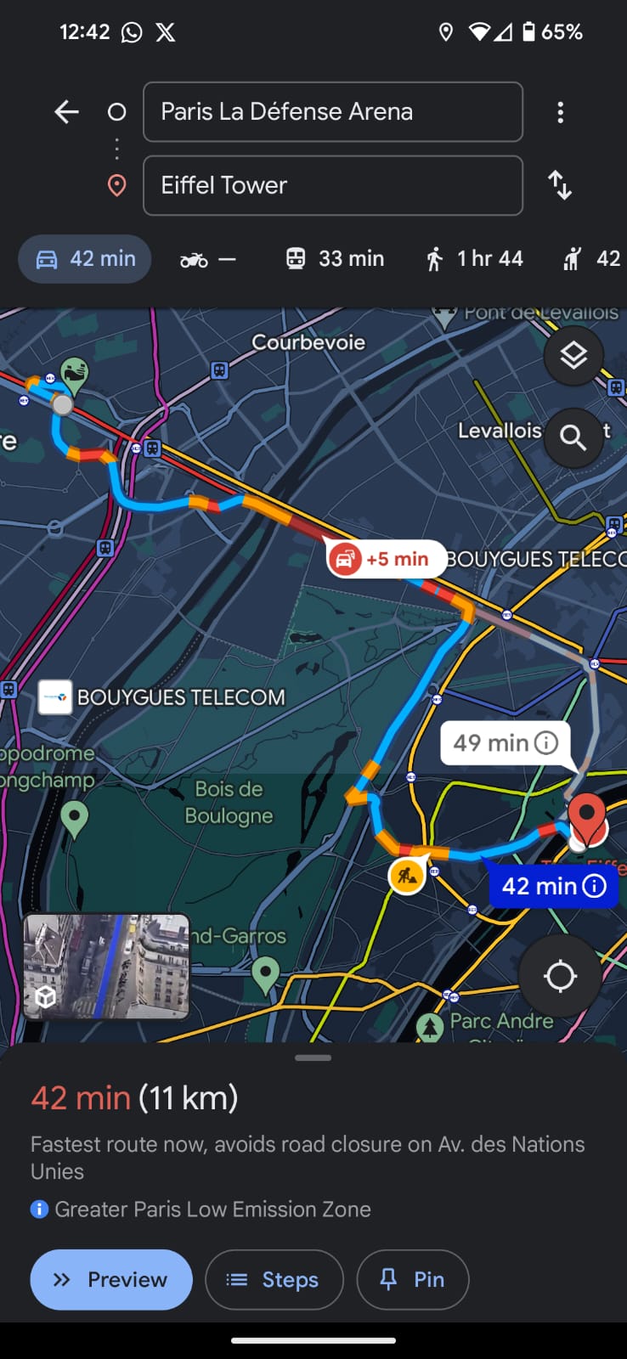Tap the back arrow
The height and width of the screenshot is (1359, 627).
coord(66,111)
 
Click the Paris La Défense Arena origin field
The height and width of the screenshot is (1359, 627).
coord(332,111)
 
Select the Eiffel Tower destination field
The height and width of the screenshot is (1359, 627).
coord(332,185)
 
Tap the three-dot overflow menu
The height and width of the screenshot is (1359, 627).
coord(560,112)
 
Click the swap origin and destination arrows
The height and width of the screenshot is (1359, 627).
coord(560,185)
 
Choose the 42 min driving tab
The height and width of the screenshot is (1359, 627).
coord(85,258)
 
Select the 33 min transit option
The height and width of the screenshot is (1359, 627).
coord(335,258)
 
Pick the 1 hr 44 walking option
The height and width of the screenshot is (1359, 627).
coord(475,258)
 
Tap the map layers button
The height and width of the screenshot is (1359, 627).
coord(573,355)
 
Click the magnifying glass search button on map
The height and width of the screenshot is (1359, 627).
coord(573,437)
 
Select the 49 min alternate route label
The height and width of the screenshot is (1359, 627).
coord(505,743)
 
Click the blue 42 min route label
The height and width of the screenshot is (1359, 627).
coord(553,886)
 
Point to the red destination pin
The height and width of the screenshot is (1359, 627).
coord(586,815)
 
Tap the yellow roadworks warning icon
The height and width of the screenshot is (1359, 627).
coord(407,875)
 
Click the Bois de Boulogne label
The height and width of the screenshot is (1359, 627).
coord(229,802)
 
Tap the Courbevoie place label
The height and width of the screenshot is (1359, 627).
coord(308,342)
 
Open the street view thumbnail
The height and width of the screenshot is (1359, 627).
coord(106,966)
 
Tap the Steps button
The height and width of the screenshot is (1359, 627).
coord(274,1279)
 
